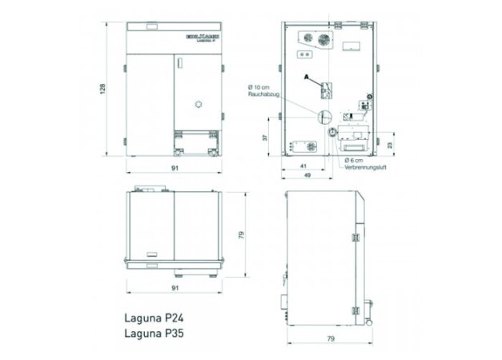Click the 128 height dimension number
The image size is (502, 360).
(x=102, y=90)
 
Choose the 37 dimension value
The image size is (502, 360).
(x=267, y=138)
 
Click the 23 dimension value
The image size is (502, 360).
(x=390, y=145)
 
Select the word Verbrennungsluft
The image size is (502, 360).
(x=366, y=169)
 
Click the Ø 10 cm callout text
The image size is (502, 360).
(x=261, y=86)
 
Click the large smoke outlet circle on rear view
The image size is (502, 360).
(x=325, y=116)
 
